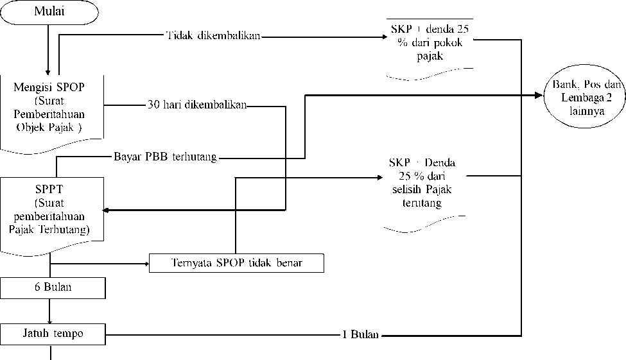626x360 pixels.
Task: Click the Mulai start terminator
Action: [x=49, y=12]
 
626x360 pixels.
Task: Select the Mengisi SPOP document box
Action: [x=52, y=114]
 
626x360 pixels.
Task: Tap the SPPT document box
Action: [x=52, y=216]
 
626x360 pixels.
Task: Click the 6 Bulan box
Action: [x=53, y=287]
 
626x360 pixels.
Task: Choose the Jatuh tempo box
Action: [x=53, y=334]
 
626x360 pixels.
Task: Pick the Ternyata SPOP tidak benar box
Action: [x=236, y=263]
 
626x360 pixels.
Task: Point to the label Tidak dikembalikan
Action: [x=214, y=35]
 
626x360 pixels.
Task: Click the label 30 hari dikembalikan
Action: [x=197, y=105]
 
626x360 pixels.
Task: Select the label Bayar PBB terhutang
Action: [x=165, y=157]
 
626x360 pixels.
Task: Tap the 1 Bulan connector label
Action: [x=360, y=334]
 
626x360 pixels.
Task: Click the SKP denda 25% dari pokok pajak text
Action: [x=430, y=42]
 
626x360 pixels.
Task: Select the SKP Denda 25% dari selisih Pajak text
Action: [x=422, y=183]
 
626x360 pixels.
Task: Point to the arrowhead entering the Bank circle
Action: [x=539, y=96]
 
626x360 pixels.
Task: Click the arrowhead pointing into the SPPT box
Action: [x=106, y=210]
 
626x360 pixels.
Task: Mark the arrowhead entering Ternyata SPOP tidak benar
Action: [x=146, y=264]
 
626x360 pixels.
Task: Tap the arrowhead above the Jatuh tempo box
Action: [x=49, y=321]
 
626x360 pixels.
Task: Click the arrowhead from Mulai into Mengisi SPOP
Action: [x=48, y=73]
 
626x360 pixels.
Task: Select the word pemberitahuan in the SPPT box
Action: [x=49, y=217]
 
